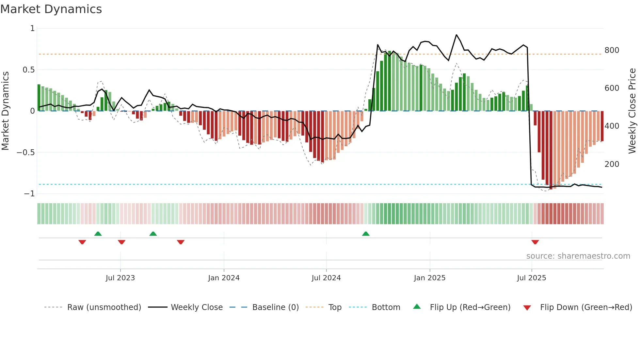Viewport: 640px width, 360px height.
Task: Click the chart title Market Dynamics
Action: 51,9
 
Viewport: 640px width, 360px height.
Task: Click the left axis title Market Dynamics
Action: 5,111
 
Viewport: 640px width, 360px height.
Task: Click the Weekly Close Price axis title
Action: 632,111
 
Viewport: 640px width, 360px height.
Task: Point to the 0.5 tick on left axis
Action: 28,70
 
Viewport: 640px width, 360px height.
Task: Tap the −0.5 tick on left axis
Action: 25,153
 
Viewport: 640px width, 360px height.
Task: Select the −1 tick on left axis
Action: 29,194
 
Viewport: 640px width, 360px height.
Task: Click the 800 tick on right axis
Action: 612,50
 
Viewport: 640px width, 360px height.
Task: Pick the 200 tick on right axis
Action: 612,164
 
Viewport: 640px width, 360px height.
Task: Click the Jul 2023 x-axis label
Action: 120,278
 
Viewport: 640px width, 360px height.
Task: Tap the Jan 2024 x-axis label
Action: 224,278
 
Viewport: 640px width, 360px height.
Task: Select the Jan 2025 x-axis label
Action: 429,278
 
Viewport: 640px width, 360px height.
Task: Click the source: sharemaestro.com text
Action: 578,256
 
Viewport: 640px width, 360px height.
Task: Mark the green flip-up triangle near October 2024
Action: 366,234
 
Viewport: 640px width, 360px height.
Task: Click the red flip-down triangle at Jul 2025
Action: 535,242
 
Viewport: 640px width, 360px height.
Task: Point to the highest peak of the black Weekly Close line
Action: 456,35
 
